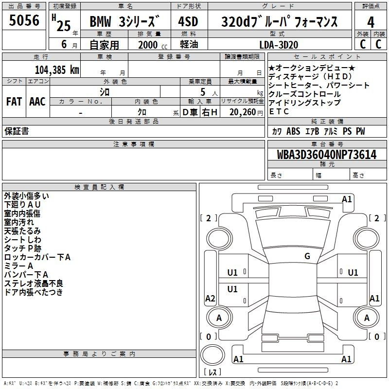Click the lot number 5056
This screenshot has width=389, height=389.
click(24, 20)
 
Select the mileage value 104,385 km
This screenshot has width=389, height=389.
click(57, 70)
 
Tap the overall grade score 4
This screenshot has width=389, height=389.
click(371, 22)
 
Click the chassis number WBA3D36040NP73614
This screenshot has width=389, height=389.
click(327, 154)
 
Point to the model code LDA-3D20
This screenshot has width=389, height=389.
click(279, 45)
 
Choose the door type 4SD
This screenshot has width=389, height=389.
click(188, 21)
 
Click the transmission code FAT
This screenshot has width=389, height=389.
click(14, 102)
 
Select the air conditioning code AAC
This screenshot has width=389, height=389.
click(37, 102)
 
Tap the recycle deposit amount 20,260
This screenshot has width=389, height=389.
click(243, 112)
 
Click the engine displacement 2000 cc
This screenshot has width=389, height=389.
click(153, 45)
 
